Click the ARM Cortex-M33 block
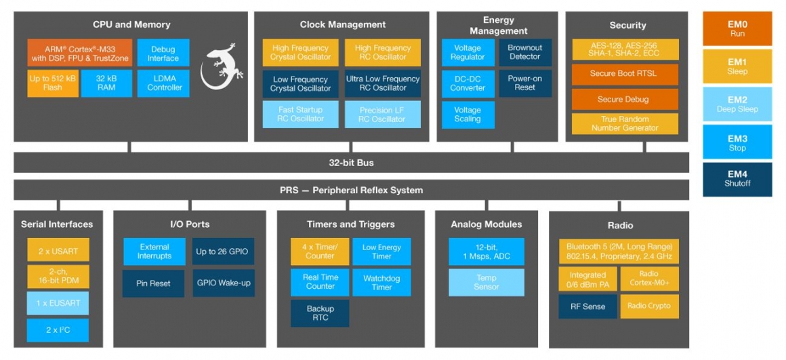(x=80, y=53)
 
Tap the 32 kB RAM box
(x=106, y=83)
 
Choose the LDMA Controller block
(x=163, y=83)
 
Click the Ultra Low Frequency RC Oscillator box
(x=382, y=83)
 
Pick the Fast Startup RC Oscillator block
(x=300, y=114)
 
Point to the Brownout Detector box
(x=524, y=52)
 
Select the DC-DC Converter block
(x=468, y=83)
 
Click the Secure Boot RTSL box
(x=624, y=74)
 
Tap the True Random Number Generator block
(x=624, y=123)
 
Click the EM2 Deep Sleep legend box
(x=737, y=104)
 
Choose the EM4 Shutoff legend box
(x=737, y=179)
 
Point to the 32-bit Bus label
(x=351, y=163)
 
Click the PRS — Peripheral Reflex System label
(x=351, y=191)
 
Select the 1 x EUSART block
(x=58, y=302)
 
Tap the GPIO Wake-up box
(x=223, y=283)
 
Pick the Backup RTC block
(x=320, y=313)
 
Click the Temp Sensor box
(x=486, y=282)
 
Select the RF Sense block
(x=587, y=306)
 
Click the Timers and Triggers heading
(x=350, y=224)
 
